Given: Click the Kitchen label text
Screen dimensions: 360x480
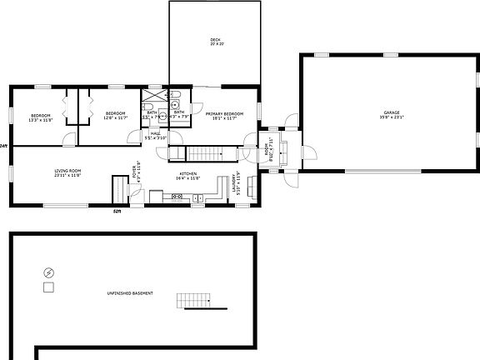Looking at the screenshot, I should pyautogui.click(x=187, y=174).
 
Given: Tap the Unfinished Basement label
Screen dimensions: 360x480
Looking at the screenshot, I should pyautogui.click(x=129, y=293).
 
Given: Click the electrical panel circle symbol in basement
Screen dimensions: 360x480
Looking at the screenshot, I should pyautogui.click(x=48, y=272).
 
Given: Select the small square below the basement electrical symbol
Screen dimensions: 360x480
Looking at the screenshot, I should pyautogui.click(x=48, y=287).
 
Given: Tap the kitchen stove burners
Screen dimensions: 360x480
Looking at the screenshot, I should pyautogui.click(x=177, y=197).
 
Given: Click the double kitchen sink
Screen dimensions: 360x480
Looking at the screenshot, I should pyautogui.click(x=197, y=197).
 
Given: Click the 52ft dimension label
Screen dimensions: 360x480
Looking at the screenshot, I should pyautogui.click(x=117, y=212).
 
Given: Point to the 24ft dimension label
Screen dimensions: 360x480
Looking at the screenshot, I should pyautogui.click(x=4, y=146).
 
